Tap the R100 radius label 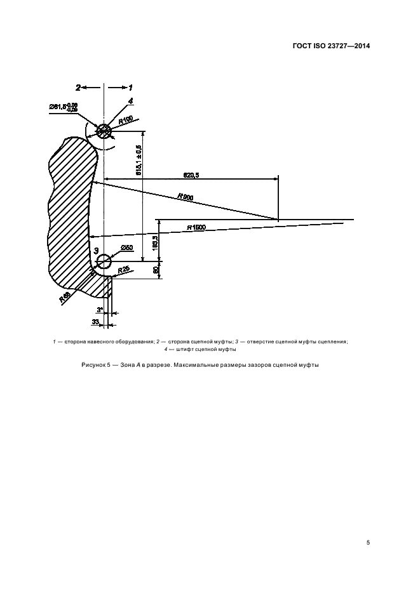(125, 119)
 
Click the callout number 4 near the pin (130, 101)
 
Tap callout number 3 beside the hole (97, 252)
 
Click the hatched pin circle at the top (104, 129)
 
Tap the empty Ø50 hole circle (104, 261)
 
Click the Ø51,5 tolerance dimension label (64, 107)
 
